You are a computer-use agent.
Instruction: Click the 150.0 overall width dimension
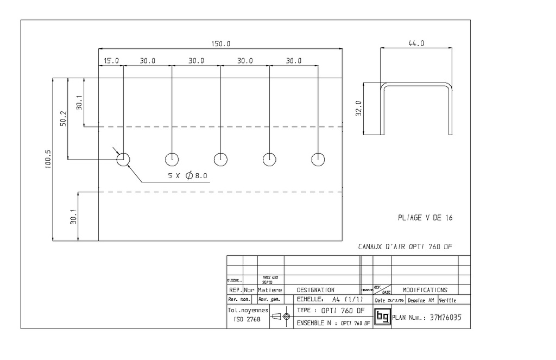[x=220, y=44]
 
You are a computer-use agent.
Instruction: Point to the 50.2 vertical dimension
[x=63, y=119]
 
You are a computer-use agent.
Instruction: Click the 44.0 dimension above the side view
[x=416, y=43]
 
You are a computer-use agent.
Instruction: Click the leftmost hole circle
[x=123, y=159]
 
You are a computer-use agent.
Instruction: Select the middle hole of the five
[x=220, y=159]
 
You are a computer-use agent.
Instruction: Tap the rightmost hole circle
[x=318, y=159]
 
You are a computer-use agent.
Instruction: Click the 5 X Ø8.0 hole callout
[x=187, y=176]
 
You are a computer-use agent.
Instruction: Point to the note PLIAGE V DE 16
[x=425, y=218]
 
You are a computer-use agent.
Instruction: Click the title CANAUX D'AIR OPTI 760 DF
[x=405, y=247]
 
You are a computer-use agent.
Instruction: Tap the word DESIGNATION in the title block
[x=315, y=290]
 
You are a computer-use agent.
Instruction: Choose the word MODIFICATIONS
[x=425, y=290]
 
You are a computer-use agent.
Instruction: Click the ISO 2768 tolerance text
[x=247, y=320]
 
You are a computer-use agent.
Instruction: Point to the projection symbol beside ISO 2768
[x=280, y=315]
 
